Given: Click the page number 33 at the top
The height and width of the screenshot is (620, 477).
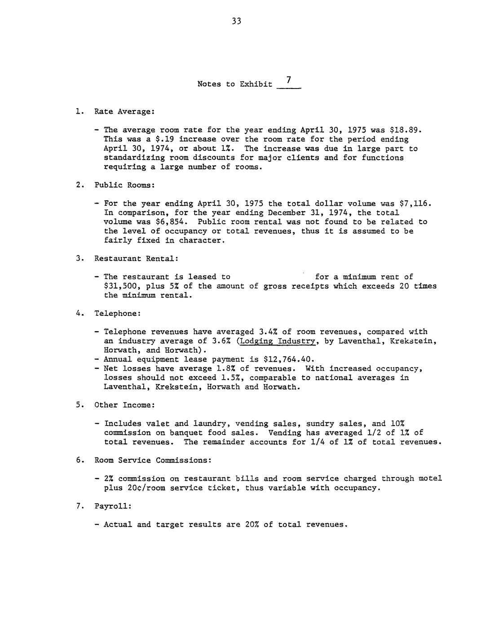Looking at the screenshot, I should (x=237, y=21).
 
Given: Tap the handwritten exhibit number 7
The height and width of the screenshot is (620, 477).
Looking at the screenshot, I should (x=289, y=80).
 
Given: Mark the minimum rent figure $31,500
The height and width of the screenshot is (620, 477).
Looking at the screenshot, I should (x=120, y=286).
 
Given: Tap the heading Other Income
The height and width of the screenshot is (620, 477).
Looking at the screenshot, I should (x=124, y=405).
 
